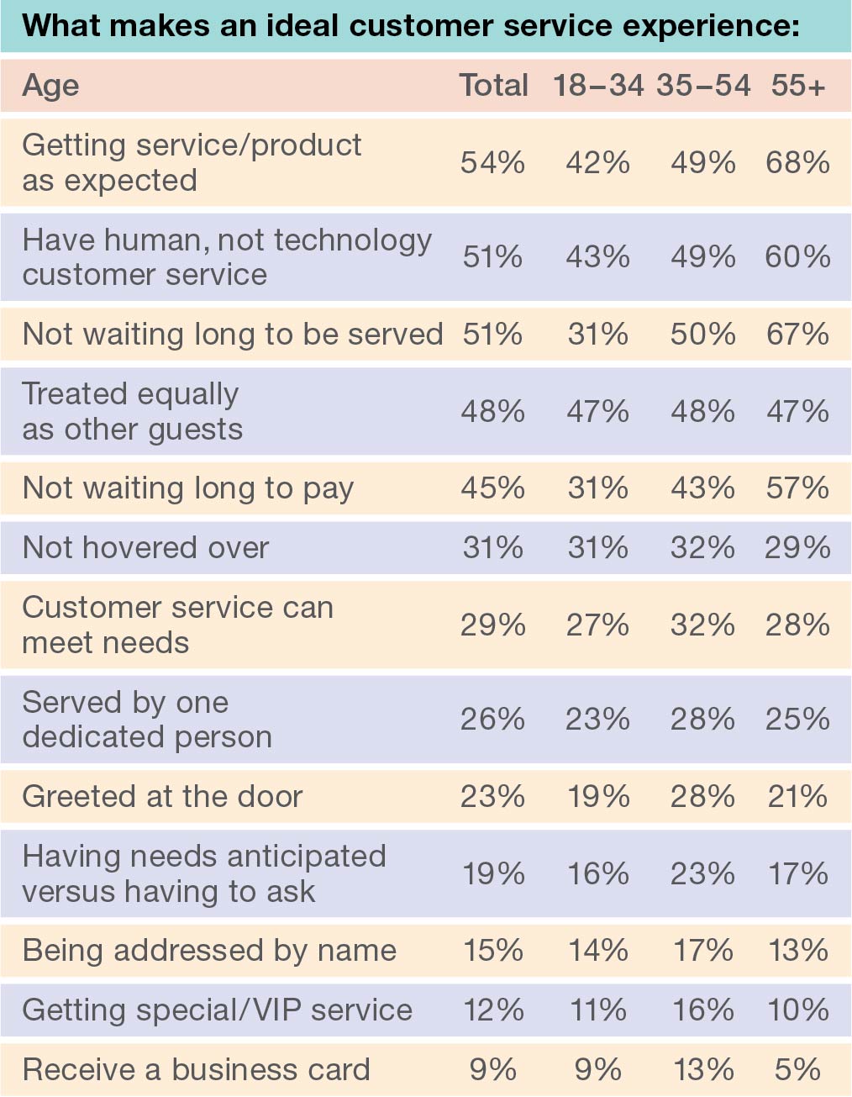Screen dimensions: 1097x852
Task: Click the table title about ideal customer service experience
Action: (410, 26)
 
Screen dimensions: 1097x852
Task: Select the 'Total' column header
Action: (493, 85)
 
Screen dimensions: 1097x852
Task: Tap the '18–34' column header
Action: (597, 85)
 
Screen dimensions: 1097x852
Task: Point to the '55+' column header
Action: (797, 85)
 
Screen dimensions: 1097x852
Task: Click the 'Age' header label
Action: (51, 85)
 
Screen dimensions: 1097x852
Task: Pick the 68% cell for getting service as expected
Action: (797, 162)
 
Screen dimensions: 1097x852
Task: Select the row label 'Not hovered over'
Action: (145, 548)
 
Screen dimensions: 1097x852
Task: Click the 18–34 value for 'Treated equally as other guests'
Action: (597, 411)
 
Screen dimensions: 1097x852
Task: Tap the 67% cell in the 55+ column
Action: (797, 334)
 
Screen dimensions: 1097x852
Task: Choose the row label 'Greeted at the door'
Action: (162, 796)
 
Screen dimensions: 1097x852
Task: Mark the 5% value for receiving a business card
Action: (797, 1069)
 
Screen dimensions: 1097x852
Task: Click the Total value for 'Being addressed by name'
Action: (493, 950)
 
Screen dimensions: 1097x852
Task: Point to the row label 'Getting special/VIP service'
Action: (217, 1010)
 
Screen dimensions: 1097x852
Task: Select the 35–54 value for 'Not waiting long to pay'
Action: (702, 488)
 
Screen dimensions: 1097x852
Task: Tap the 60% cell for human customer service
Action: (797, 256)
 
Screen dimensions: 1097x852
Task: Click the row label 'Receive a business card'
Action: (196, 1069)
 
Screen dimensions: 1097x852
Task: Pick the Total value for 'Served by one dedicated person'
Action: (493, 719)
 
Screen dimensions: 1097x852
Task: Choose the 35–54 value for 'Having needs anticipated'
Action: (702, 873)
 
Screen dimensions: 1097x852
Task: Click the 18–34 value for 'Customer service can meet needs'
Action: (597, 625)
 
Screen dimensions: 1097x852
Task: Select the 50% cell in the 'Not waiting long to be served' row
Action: (702, 334)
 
